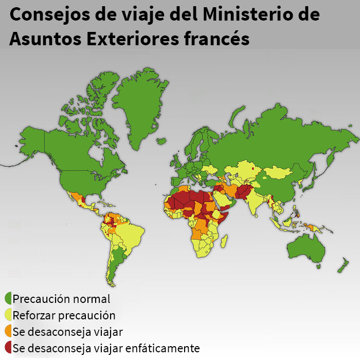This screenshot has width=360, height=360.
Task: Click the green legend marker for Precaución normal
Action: coord(8,298)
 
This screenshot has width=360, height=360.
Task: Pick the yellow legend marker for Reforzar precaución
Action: coord(8,315)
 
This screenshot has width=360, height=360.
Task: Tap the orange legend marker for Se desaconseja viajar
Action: coord(8,331)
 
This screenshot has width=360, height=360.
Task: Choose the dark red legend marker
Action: coord(8,348)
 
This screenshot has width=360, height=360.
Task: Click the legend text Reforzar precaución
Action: coord(64,315)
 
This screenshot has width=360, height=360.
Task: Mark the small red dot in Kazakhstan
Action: coord(253,168)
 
